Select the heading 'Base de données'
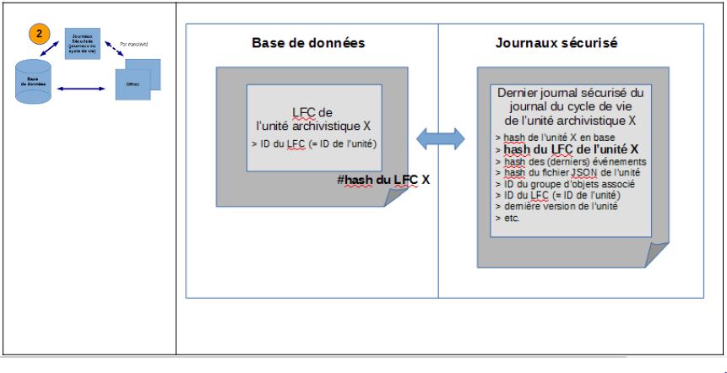pyautogui.click(x=308, y=42)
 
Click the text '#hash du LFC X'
pyautogui.click(x=382, y=179)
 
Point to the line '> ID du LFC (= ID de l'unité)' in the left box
pyautogui.click(x=313, y=143)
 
